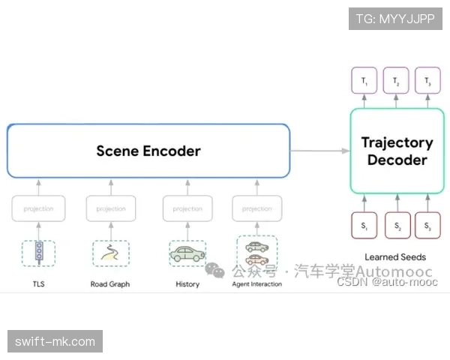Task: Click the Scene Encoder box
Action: click(x=148, y=151)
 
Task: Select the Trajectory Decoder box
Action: click(x=397, y=151)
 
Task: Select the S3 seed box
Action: click(x=427, y=226)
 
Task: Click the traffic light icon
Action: click(x=38, y=253)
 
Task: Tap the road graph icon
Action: click(x=110, y=253)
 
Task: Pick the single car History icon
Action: click(x=187, y=253)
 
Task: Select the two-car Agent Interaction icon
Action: click(x=256, y=253)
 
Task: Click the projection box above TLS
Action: click(x=38, y=208)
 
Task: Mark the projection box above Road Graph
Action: click(x=111, y=208)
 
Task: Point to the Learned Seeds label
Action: click(x=395, y=257)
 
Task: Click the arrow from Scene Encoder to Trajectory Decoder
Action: click(x=319, y=151)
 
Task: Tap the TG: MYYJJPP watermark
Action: click(x=395, y=19)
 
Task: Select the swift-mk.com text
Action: click(x=56, y=342)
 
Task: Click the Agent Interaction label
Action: click(x=256, y=284)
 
